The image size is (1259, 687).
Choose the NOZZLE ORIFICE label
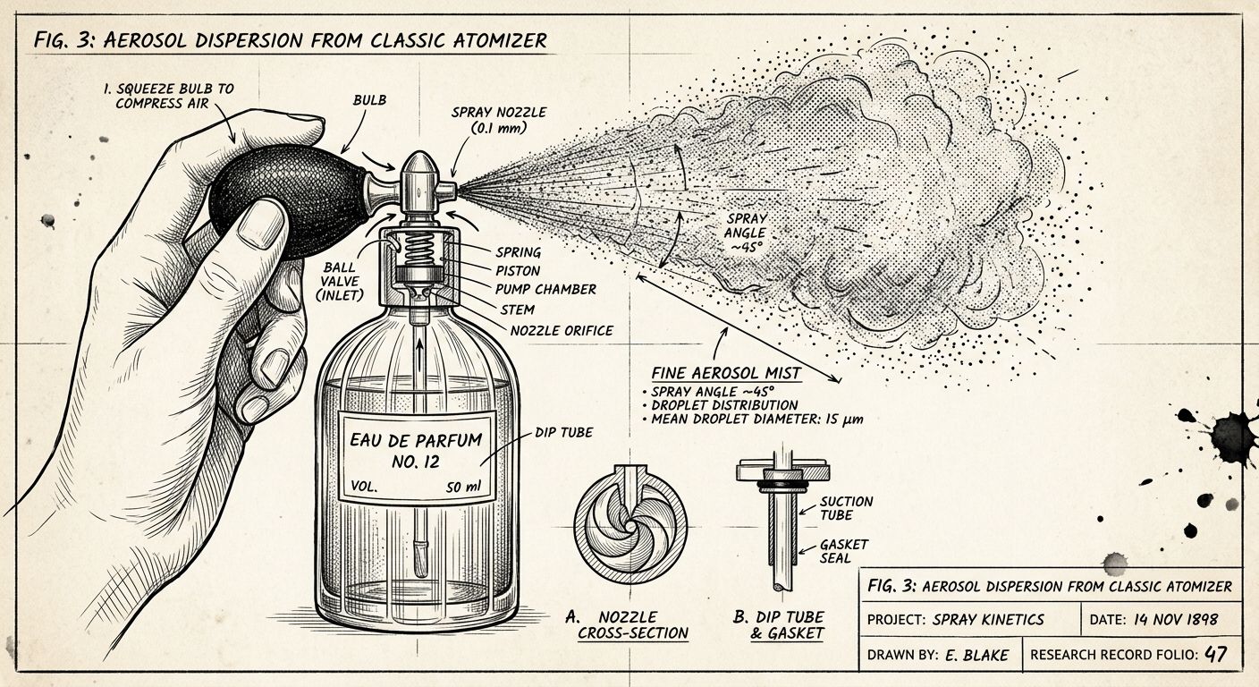tap(562, 331)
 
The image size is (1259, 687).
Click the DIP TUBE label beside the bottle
tap(562, 433)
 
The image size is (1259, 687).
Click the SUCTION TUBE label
tap(846, 508)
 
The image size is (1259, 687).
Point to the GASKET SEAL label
tap(844, 551)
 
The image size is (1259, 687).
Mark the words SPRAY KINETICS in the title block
tap(987, 618)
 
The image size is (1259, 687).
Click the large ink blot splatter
tap(1232, 437)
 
